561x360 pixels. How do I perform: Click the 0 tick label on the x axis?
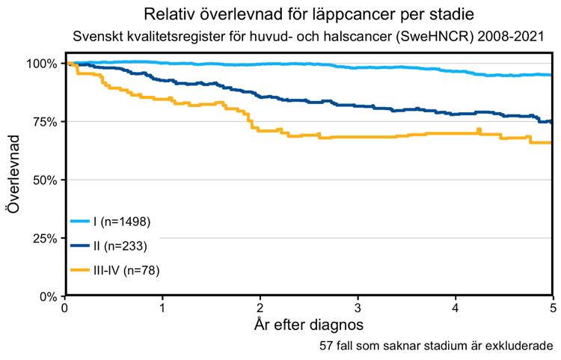(66, 308)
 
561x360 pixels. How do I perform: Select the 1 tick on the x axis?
(163, 308)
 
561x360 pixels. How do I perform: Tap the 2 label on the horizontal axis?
(260, 308)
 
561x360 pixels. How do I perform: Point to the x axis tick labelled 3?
(358, 308)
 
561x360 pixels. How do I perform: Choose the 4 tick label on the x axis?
(456, 308)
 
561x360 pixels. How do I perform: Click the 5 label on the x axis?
(553, 308)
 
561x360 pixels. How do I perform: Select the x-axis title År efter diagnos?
(309, 326)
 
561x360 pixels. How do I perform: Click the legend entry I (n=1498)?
(123, 222)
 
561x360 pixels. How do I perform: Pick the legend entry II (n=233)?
(120, 245)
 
